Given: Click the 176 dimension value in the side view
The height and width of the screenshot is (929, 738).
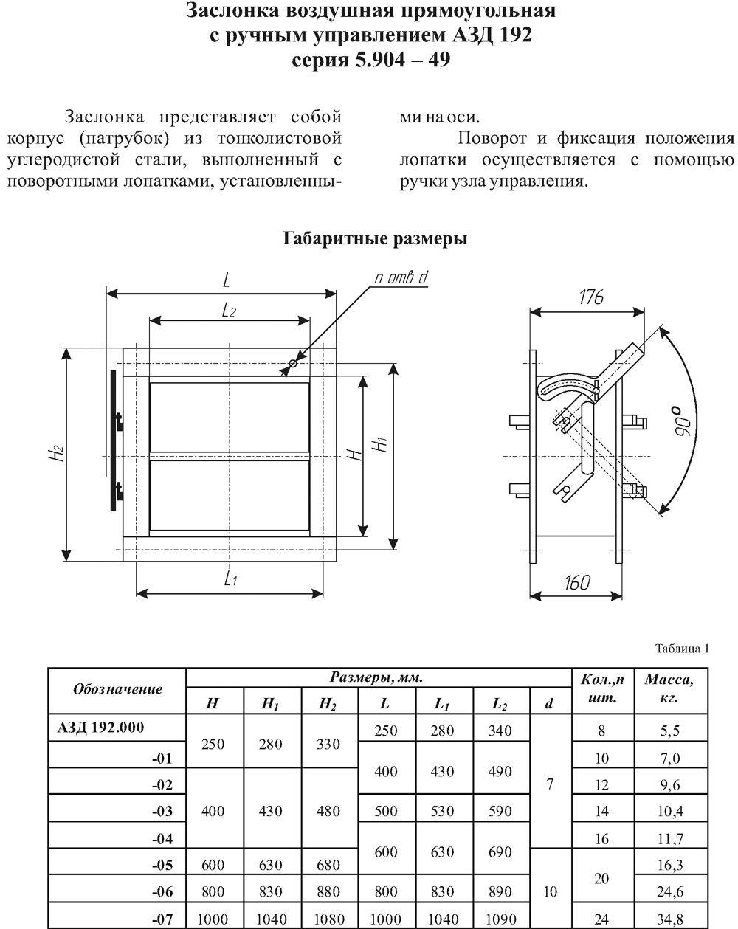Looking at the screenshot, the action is (590, 297).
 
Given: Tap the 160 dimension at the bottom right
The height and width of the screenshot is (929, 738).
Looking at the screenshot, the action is (577, 583).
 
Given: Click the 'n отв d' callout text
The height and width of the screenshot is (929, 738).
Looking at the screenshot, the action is (401, 277).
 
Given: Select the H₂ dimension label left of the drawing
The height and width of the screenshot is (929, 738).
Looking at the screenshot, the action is (57, 453).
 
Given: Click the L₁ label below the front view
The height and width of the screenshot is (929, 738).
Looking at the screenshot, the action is (230, 579).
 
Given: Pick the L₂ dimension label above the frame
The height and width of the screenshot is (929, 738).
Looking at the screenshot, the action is (229, 310).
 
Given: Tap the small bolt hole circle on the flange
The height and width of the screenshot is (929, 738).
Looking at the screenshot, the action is (293, 363).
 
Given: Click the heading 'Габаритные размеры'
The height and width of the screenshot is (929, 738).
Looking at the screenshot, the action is (375, 238).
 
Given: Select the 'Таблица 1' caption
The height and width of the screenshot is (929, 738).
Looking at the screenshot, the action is (683, 649).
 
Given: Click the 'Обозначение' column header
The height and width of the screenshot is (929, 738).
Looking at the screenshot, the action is (117, 689).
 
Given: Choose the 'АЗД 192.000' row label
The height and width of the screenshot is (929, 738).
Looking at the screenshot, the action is (100, 728).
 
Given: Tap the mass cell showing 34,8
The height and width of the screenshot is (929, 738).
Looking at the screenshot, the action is (670, 919).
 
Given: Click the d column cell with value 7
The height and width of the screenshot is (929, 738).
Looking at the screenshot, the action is (550, 784).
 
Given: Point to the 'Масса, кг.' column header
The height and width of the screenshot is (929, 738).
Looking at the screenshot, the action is (669, 689).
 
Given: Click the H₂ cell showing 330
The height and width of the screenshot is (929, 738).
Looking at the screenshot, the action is (328, 745).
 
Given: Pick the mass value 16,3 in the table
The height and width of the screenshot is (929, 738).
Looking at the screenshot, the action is (670, 865).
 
